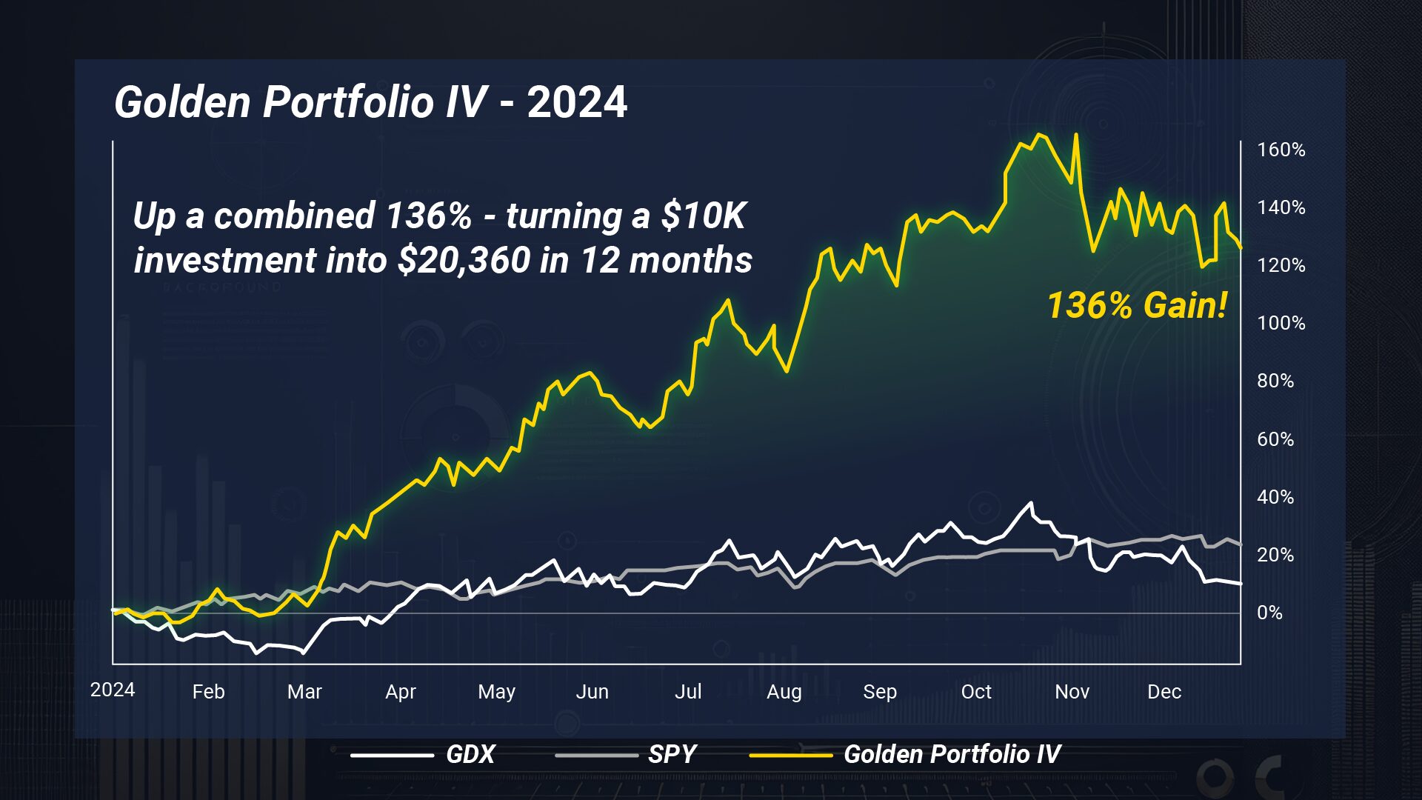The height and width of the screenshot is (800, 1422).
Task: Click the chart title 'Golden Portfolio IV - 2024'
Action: [370, 101]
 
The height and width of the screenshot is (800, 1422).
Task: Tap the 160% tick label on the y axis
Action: [1281, 150]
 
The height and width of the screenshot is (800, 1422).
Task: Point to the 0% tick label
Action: [1269, 613]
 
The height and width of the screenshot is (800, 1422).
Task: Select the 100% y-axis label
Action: [1281, 323]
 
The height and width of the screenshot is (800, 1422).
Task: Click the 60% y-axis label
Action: [1275, 439]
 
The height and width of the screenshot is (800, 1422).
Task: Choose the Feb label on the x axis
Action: [208, 692]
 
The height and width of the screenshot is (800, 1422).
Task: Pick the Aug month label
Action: [784, 692]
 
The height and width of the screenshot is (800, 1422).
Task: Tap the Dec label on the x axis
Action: [1164, 692]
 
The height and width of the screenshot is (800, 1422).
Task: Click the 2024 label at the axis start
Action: [113, 690]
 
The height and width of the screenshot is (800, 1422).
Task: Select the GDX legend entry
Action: [470, 754]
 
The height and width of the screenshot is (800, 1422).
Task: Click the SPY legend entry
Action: [672, 754]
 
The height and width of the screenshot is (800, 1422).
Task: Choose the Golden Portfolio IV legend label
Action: [952, 754]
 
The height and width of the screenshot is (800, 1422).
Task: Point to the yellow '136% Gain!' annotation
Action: [1137, 305]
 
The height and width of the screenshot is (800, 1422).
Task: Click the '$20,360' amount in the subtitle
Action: [464, 260]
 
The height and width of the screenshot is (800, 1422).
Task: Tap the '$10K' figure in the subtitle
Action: [703, 216]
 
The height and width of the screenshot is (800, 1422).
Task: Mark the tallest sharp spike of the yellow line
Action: [1075, 136]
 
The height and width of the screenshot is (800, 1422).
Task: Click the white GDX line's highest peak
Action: [1030, 504]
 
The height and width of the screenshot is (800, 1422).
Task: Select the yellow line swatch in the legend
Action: [790, 755]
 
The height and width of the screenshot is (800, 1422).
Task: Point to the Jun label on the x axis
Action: [592, 692]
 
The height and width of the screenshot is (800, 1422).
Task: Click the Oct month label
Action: [975, 692]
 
